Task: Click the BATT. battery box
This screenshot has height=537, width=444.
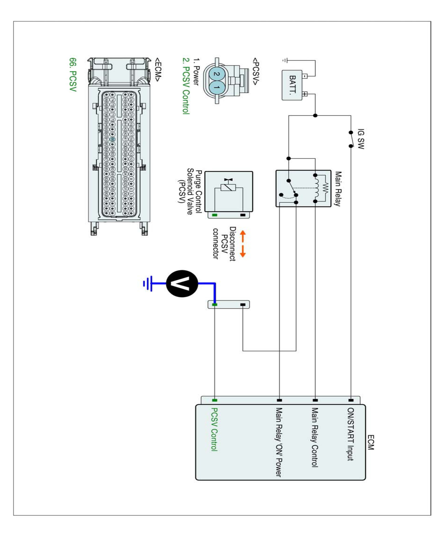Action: [x=292, y=85]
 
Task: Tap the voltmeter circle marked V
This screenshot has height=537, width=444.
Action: [x=182, y=284]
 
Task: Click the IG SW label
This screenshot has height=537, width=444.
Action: [x=361, y=139]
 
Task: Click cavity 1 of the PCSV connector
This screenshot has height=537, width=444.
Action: [x=217, y=87]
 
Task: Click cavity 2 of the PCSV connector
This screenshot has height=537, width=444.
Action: [x=217, y=74]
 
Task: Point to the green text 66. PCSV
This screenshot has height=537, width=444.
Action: [x=73, y=75]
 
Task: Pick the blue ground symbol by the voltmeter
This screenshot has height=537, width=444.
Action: [x=148, y=284]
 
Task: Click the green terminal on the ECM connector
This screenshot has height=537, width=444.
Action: [x=215, y=400]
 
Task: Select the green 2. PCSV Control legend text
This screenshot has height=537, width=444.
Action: [x=186, y=86]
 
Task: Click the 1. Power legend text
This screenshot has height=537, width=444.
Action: [x=196, y=72]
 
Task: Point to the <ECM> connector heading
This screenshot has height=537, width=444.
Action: [x=157, y=69]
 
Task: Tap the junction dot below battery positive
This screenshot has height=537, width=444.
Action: [x=315, y=116]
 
